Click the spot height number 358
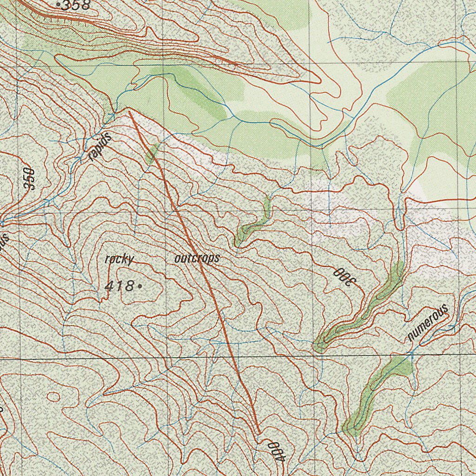77,6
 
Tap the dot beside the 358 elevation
58,5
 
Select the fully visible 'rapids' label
100,147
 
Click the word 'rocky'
119,259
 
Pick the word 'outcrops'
197,259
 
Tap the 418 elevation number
119,286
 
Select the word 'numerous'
428,322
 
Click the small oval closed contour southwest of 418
53,397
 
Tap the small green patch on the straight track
152,154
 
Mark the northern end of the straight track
129,111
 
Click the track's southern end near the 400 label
258,433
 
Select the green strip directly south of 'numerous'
372,395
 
